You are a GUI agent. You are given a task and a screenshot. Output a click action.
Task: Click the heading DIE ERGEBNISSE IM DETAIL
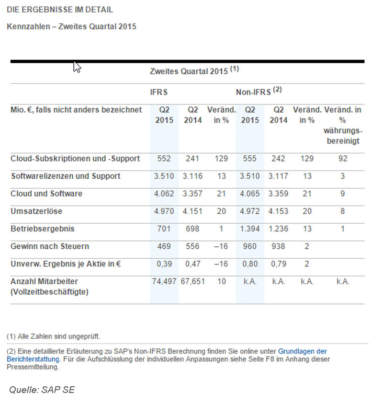tap(60, 10)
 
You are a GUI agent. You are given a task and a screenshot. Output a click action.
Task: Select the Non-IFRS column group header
tap(258, 92)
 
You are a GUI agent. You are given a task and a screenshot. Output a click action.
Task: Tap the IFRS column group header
tap(159, 92)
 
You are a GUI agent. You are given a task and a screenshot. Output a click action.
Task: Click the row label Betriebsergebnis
tap(43, 229)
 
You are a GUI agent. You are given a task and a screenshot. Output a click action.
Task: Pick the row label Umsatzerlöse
tap(36, 211)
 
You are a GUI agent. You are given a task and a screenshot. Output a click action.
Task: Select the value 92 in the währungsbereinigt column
tap(342, 159)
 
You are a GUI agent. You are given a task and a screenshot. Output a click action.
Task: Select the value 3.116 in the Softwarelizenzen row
tap(192, 176)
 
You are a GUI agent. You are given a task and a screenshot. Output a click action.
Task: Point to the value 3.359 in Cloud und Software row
tap(279, 194)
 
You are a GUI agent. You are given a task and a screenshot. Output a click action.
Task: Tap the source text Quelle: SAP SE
tap(42, 390)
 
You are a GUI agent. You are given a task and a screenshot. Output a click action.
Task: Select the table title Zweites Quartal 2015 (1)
tap(194, 71)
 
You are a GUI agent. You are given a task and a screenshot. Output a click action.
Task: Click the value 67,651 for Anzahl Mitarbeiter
tap(192, 281)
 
